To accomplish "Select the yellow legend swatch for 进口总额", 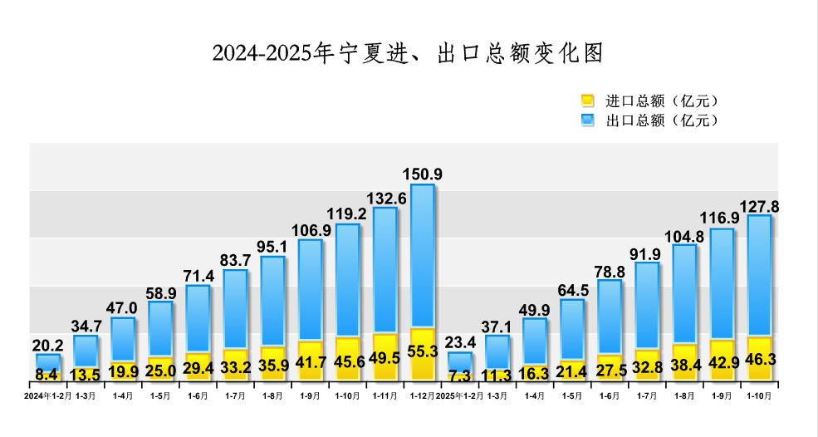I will point(588,101).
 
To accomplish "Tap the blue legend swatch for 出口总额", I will point(588,120).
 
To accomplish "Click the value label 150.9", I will point(423,174).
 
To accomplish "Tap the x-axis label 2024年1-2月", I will point(49,396).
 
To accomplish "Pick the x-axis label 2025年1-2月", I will point(460,396).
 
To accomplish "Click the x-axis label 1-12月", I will point(423,396).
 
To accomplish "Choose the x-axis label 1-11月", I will point(385,396).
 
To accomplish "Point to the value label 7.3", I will point(460,375).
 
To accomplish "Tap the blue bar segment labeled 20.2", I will point(49,361).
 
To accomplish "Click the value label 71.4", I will point(198,276).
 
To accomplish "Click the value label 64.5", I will point(572,290).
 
